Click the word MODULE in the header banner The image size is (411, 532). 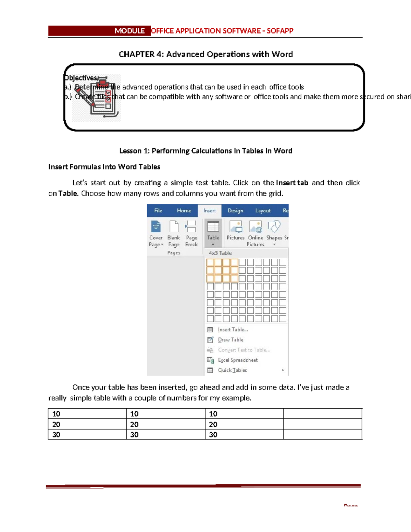[x=129, y=31]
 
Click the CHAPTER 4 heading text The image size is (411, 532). [x=206, y=54]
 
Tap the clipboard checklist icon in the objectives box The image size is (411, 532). [x=97, y=98]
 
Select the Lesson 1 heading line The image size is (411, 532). [x=206, y=151]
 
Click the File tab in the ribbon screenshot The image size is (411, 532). [x=158, y=211]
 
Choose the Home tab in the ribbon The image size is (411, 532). [x=184, y=211]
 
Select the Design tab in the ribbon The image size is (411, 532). [x=235, y=211]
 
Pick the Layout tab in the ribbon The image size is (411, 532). [x=263, y=211]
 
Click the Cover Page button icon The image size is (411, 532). [x=156, y=227]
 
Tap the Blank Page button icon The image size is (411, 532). [x=174, y=227]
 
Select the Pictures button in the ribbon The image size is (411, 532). [x=236, y=231]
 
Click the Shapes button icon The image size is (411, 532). [x=274, y=227]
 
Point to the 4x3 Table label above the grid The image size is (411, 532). [x=220, y=253]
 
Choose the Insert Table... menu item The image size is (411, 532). [x=233, y=330]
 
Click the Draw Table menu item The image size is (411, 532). [x=231, y=340]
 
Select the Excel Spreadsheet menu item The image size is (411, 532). [x=238, y=360]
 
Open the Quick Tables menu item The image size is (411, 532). [x=232, y=370]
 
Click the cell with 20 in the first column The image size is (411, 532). [x=87, y=424]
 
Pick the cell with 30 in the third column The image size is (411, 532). [x=244, y=434]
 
